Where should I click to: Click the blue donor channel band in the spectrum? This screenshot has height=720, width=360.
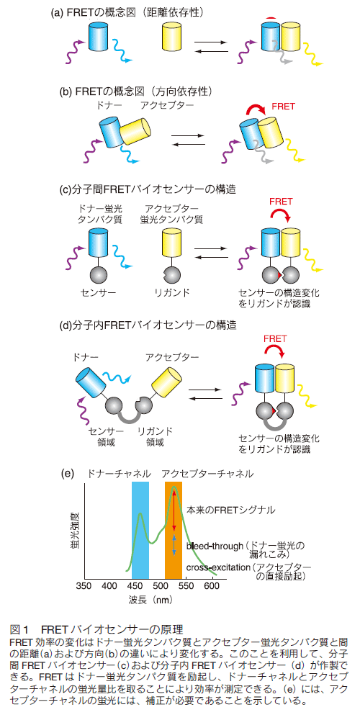pyautogui.click(x=140, y=530)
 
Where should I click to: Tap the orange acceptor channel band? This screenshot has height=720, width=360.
pyautogui.click(x=174, y=530)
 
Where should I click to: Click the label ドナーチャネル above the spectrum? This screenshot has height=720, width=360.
pyautogui.click(x=119, y=474)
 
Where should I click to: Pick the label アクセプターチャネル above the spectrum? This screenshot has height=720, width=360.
pyautogui.click(x=207, y=474)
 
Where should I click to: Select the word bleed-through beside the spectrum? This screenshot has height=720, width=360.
pyautogui.click(x=215, y=546)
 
